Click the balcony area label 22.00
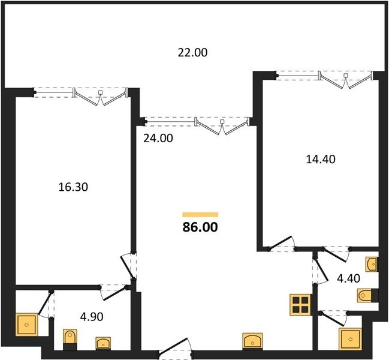point(192,53)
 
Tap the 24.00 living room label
point(158,138)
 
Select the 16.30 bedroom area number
point(73,187)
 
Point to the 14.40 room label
point(321,159)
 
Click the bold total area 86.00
point(200,227)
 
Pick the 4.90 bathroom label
point(92,317)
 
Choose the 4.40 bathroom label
point(348,278)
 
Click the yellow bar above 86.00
point(200,215)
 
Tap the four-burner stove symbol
point(300,305)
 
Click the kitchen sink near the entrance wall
point(252,341)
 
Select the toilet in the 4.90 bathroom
point(70,340)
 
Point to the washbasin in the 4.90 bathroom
point(103,344)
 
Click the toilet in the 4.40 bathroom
point(368,295)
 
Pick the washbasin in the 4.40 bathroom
point(372,264)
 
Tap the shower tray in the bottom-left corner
point(27,325)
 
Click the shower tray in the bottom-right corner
point(350,339)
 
